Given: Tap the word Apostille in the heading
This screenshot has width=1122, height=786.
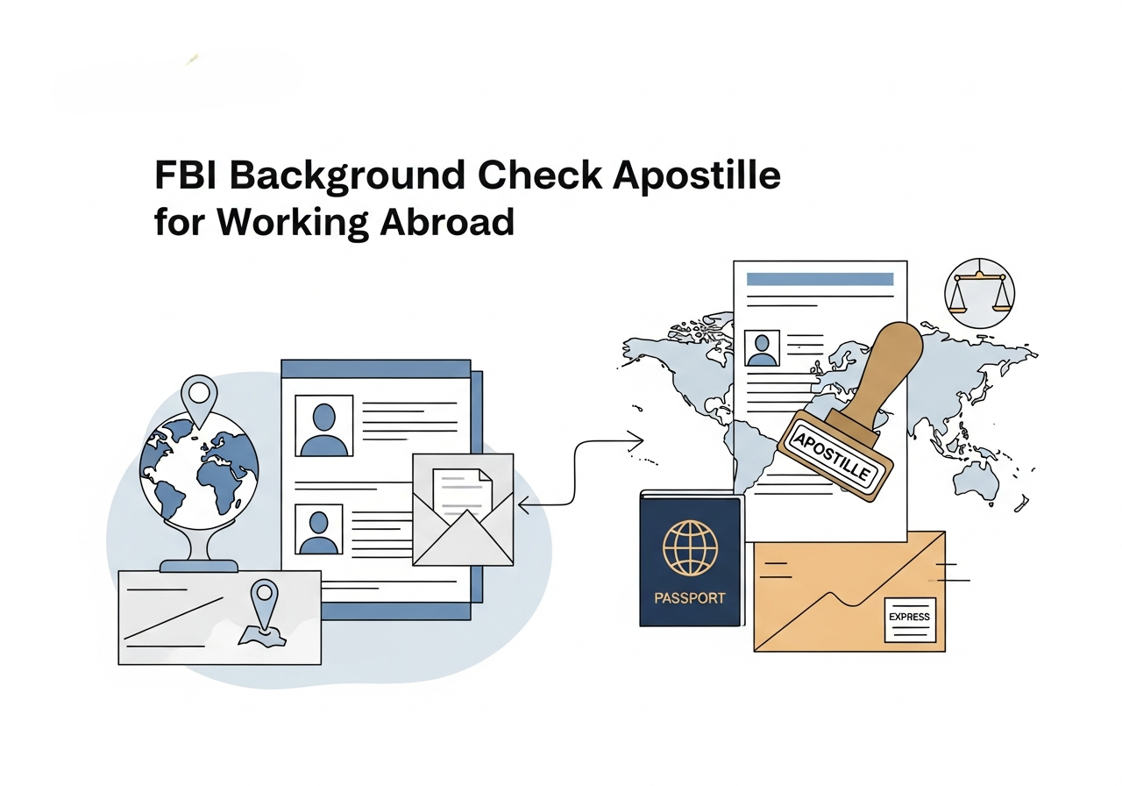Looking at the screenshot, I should pyautogui.click(x=696, y=175).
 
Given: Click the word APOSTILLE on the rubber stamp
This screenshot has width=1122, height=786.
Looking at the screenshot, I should pyautogui.click(x=833, y=453).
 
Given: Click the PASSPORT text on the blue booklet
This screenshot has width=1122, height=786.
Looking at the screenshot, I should pyautogui.click(x=690, y=597).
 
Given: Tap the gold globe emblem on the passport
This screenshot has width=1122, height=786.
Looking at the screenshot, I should pyautogui.click(x=690, y=547).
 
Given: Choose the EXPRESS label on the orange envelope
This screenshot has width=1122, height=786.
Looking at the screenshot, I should pyautogui.click(x=909, y=617).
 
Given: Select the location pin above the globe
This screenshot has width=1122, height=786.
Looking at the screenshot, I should pyautogui.click(x=199, y=398).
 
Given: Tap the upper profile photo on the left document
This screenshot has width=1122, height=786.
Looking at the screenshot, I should pyautogui.click(x=324, y=425).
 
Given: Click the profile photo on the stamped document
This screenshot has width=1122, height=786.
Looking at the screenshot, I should pyautogui.click(x=761, y=347).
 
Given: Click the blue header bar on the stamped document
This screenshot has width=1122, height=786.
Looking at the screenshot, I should pyautogui.click(x=819, y=279).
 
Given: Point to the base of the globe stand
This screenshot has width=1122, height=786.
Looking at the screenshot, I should pyautogui.click(x=198, y=565).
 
